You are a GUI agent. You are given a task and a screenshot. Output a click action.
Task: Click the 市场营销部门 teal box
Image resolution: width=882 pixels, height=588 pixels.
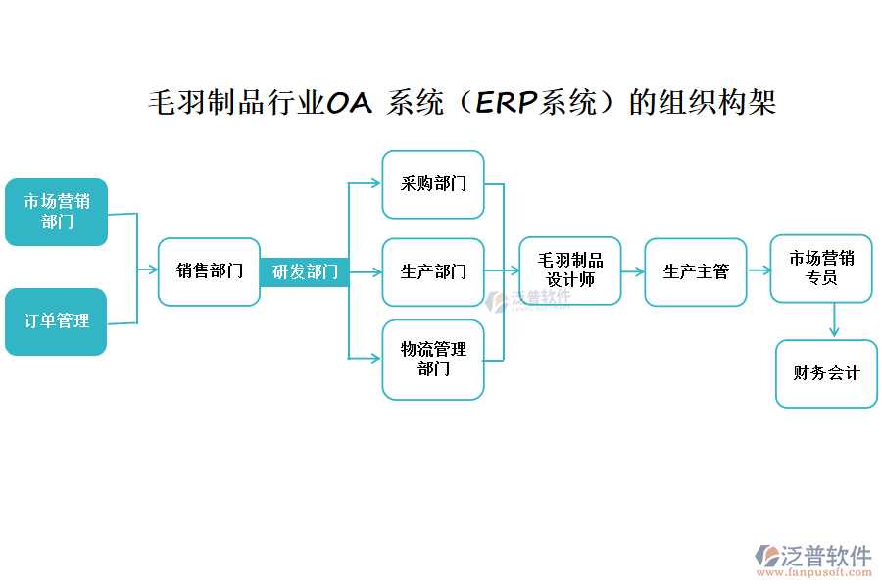pos(56,212)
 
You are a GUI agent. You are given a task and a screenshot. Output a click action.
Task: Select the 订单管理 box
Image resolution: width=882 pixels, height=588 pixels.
pos(56,321)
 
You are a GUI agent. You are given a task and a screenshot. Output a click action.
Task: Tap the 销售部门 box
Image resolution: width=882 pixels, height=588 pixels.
pos(209,271)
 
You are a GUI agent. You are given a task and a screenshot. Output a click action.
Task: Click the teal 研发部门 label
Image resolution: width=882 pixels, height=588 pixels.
pos(305,271)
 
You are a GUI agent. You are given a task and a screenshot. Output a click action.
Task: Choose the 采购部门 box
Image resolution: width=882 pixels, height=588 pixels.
pos(433,184)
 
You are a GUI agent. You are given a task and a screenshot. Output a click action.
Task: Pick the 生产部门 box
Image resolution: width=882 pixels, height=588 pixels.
pos(433,271)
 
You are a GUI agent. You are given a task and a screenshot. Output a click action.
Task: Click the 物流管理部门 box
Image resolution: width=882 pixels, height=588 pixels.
pos(433,359)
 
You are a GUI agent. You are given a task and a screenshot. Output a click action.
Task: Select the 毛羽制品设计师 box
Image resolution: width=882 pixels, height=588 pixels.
pos(570,270)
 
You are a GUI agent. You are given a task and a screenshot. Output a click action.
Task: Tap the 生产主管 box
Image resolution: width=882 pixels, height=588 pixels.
pos(696,271)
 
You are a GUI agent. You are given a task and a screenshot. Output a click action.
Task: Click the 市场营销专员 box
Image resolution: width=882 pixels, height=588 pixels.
pos(821,269)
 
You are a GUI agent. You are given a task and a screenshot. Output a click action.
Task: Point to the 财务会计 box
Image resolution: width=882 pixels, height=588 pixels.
pos(826,373)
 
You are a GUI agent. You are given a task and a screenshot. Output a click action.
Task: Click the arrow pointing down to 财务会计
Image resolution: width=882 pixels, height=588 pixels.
pos(834,320)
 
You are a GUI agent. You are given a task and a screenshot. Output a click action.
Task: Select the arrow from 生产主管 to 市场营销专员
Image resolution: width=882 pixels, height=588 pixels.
pos(758,270)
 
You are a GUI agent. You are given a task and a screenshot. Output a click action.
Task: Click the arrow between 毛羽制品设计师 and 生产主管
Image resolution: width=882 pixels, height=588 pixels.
pos(633,271)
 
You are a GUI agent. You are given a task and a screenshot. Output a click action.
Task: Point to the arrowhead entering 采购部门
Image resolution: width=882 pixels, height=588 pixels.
pos(374,182)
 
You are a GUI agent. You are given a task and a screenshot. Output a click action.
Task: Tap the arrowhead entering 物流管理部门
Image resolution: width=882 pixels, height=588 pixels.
pos(374,359)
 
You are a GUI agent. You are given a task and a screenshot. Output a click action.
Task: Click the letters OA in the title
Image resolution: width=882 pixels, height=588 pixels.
pos(348,102)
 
